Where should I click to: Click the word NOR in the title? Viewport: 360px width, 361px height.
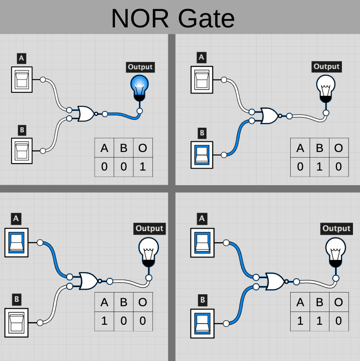point(140,18)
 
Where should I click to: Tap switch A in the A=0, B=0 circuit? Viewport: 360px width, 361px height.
point(22,80)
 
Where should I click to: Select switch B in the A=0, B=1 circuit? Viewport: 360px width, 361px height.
point(202,154)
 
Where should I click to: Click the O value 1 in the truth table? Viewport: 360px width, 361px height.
point(143,167)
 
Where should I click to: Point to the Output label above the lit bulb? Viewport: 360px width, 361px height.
point(140,67)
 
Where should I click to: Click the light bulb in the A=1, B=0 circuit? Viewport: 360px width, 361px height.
point(148,252)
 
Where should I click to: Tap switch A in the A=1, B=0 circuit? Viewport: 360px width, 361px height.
point(16,242)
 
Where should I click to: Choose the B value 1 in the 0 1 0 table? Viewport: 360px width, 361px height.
point(319,167)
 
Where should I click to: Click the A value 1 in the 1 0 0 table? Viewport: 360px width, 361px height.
point(105,320)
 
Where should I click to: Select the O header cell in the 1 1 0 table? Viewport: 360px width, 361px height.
point(338,302)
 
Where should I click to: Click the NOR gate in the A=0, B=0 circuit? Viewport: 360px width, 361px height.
point(85,114)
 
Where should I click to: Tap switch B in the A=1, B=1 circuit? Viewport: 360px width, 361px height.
point(202,322)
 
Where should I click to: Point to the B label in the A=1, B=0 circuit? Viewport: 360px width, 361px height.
point(16,299)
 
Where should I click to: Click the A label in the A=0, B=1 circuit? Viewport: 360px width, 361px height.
point(202,57)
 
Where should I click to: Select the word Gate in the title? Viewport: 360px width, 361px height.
point(206,18)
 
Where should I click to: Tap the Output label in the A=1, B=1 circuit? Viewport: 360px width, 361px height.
point(336,228)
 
